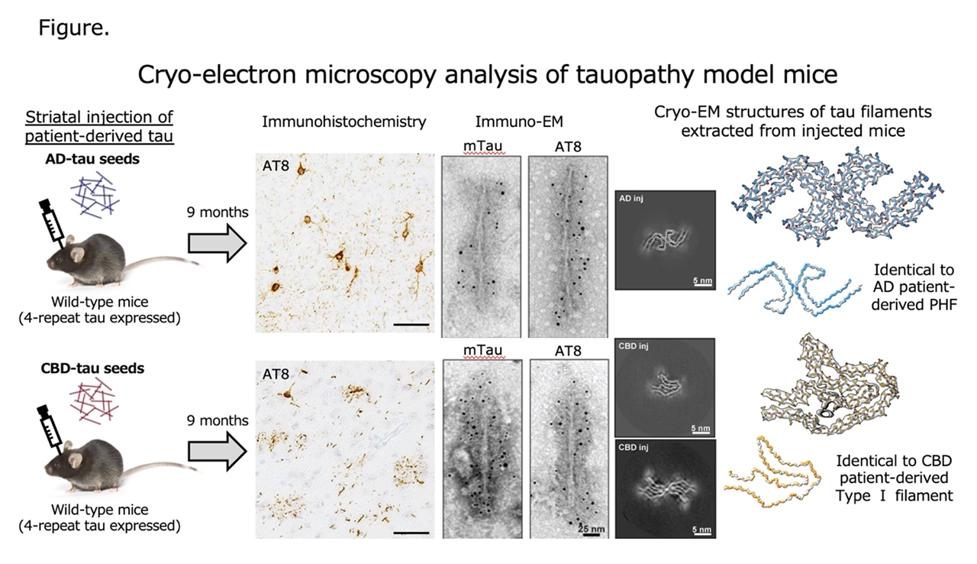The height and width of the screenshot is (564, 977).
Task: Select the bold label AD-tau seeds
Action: pos(92,159)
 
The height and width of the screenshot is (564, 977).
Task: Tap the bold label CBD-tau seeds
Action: pos(92,368)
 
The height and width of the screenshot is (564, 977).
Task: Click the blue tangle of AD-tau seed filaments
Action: pos(95,194)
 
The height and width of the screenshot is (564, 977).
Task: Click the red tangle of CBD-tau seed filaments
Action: pos(94,401)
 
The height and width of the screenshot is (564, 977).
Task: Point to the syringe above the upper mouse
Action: pos(53,222)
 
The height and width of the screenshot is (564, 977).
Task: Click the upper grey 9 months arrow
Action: pos(218,243)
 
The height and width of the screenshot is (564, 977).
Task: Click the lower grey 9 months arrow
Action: pos(218,452)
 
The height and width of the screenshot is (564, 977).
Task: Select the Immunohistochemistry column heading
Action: pos(343,122)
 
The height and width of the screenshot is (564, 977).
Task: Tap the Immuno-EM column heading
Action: pos(519,122)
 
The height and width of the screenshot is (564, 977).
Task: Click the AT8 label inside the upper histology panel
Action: pos(276,166)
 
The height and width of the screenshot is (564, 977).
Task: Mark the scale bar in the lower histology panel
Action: pos(411,533)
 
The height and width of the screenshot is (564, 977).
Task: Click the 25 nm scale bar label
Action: pos(592,529)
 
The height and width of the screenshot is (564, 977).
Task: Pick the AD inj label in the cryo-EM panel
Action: pos(631,199)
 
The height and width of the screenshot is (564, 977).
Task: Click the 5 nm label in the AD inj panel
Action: pos(703,280)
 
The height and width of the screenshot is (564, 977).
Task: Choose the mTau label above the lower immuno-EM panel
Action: pos(482,350)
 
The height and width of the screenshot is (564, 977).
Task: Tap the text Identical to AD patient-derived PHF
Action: pos(914,287)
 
